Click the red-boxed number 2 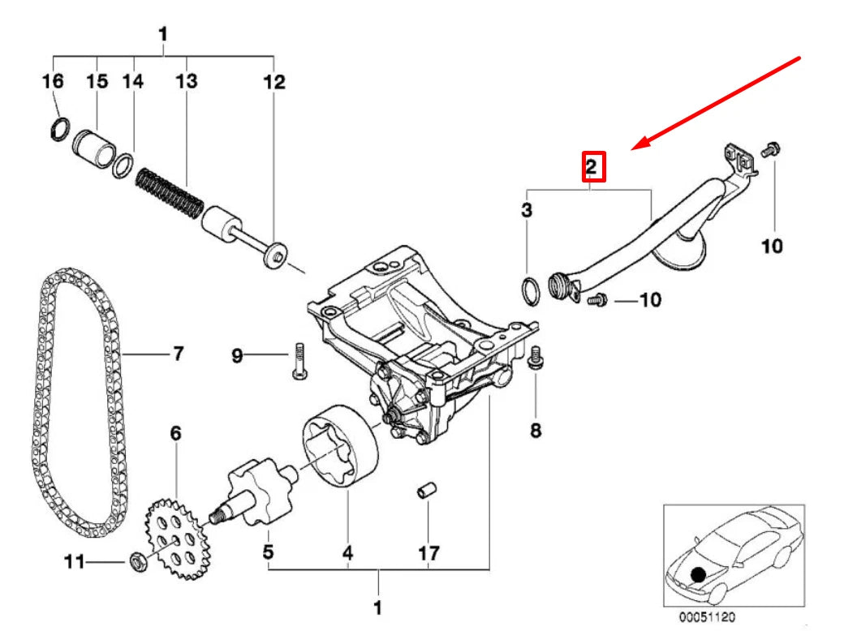pos(592,167)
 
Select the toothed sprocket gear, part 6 pos(176,540)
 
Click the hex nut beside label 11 pos(138,560)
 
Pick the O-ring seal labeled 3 pos(528,291)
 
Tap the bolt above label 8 pos(536,359)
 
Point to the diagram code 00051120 pos(708,616)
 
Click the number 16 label pos(53,81)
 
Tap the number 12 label pos(274,81)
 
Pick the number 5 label pos(268,553)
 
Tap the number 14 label pos(133,81)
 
